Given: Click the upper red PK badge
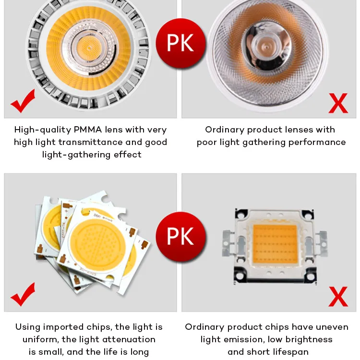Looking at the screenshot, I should [180, 43].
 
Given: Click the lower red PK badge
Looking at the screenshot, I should [180, 237].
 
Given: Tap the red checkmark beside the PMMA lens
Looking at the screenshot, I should [23, 101].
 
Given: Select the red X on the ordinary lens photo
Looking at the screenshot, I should [338, 102].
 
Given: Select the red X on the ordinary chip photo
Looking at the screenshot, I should [338, 296].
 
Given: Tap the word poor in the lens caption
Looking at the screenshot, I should [208, 142].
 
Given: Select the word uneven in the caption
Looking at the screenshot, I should [331, 327].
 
